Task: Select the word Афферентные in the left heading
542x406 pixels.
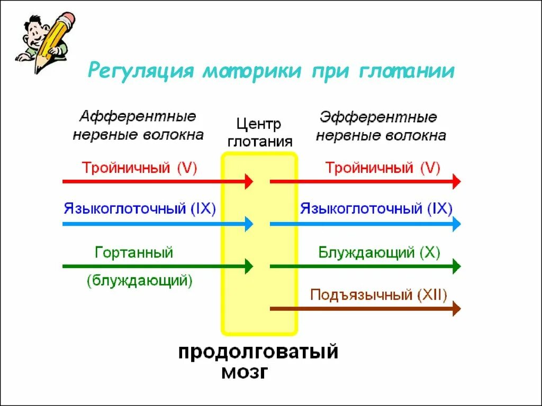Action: [138, 116]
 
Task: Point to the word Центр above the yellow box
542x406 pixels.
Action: [258, 125]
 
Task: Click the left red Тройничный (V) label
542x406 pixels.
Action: [139, 168]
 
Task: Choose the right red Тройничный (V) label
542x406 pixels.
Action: [382, 168]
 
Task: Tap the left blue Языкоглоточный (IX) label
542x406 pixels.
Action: [140, 208]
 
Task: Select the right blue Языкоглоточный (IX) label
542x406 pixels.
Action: [376, 208]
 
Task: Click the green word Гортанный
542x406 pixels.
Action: [134, 252]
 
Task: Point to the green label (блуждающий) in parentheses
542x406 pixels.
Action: [139, 280]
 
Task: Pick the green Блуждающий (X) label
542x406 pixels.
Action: [379, 252]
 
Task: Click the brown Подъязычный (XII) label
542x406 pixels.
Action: [378, 294]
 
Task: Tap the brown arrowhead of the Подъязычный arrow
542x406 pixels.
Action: [456, 308]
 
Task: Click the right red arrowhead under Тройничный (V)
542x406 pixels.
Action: [456, 181]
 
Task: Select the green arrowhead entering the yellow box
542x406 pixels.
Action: [248, 266]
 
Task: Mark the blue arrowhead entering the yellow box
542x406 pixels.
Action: [248, 224]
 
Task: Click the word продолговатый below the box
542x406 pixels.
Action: [258, 352]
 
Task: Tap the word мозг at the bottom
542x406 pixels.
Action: [244, 372]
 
